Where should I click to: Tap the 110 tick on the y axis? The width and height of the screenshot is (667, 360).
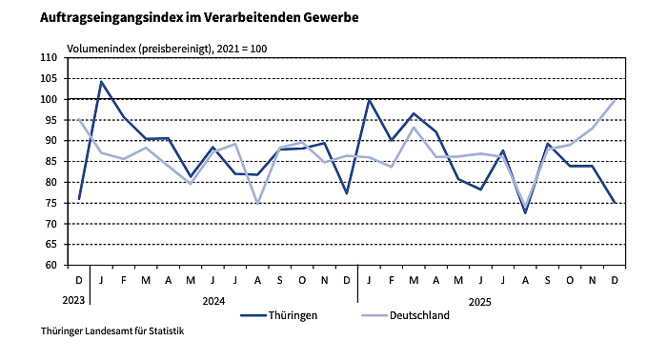click(x=50, y=57)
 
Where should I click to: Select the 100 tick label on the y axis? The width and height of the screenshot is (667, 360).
click(x=50, y=99)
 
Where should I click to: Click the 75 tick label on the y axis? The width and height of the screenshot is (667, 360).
click(x=52, y=203)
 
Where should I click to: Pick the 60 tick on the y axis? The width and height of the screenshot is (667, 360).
click(x=52, y=265)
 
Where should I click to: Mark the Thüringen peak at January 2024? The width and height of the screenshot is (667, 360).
click(x=101, y=82)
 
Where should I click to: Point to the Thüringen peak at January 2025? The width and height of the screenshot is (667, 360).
click(x=369, y=99)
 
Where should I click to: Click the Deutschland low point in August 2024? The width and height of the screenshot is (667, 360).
click(x=257, y=203)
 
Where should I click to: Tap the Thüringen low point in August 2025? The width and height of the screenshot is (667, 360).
click(x=525, y=212)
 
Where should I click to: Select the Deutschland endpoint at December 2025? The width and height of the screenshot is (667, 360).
click(x=615, y=100)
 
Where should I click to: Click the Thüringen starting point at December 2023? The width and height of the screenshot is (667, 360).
click(x=79, y=198)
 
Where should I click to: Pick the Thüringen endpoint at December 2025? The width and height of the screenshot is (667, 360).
click(x=615, y=202)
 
